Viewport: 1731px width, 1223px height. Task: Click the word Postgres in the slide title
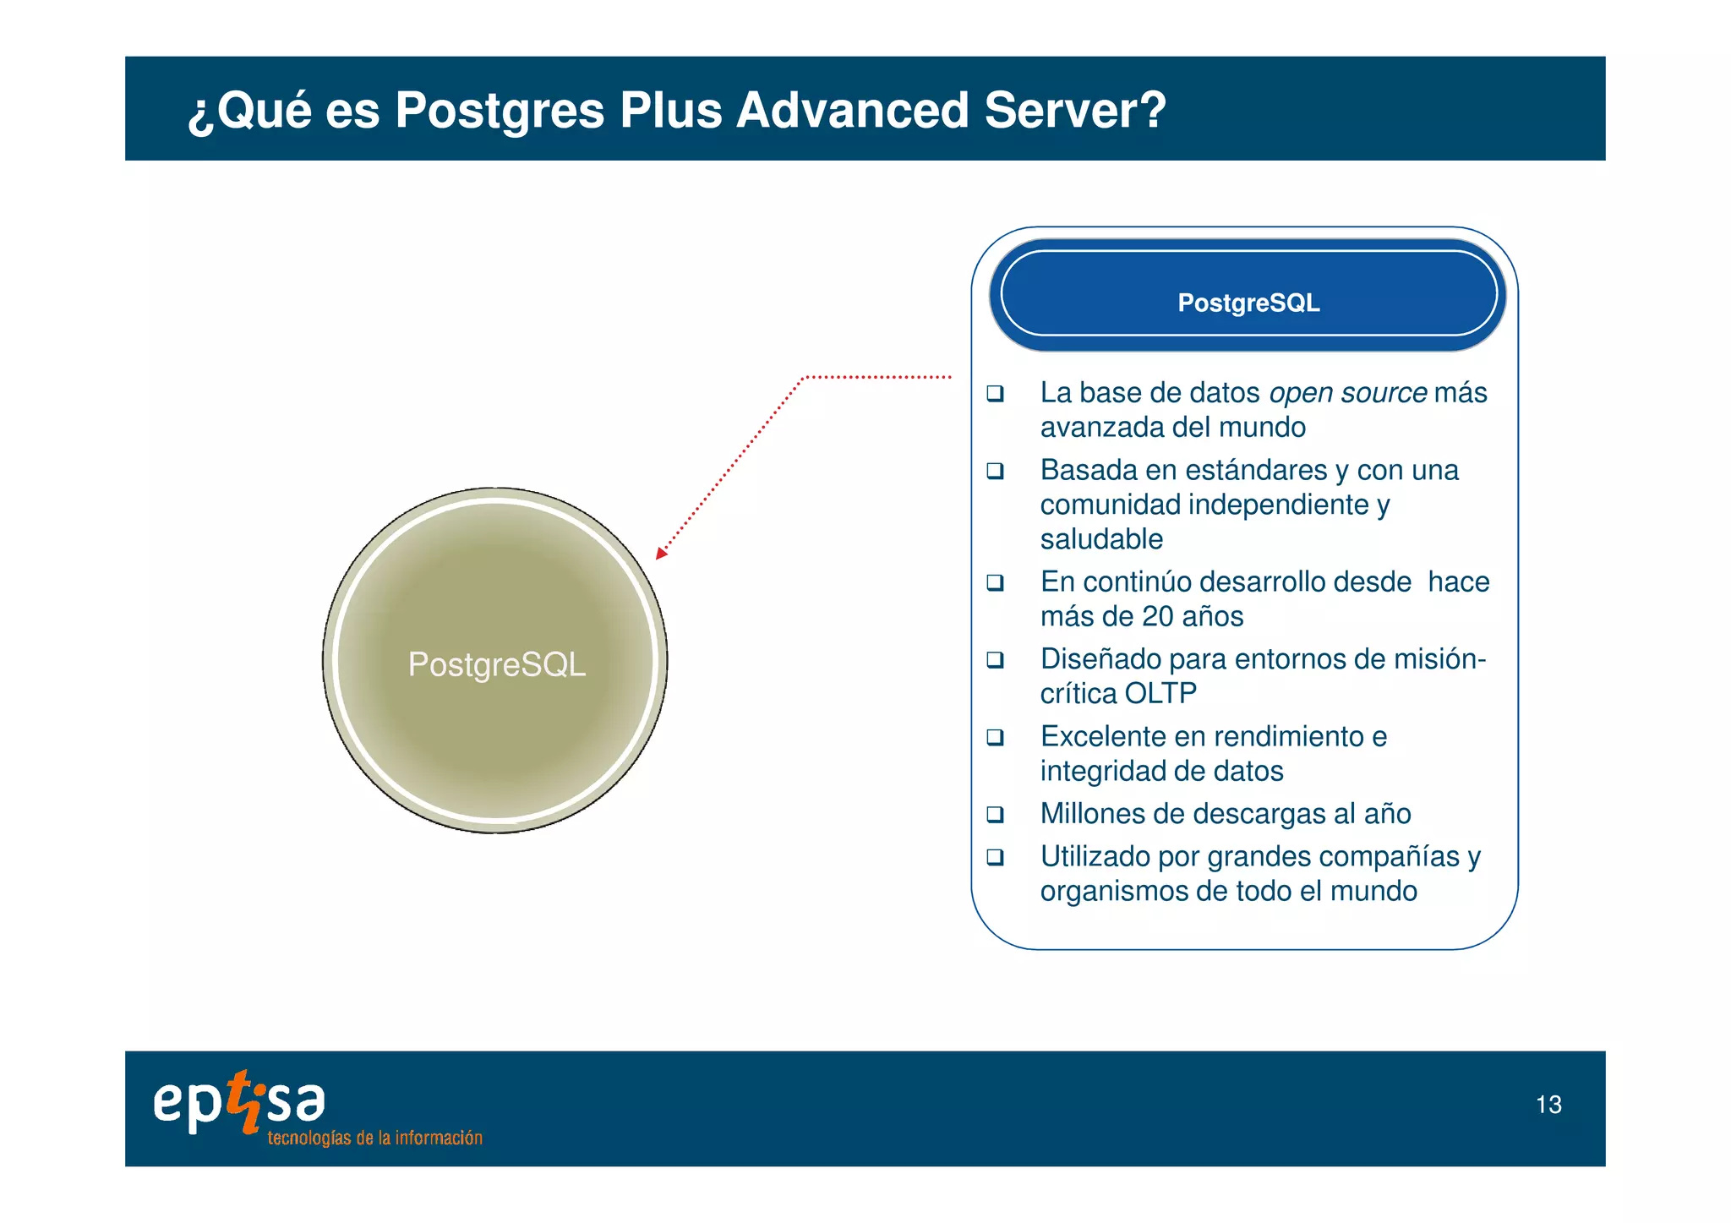(x=500, y=111)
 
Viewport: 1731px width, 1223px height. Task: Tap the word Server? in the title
(x=1075, y=111)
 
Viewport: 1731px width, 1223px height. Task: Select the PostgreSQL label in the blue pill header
(x=1248, y=303)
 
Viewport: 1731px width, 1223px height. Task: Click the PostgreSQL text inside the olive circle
(x=496, y=664)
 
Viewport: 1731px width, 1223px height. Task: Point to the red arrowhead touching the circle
(x=661, y=554)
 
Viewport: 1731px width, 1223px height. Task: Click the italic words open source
(x=1348, y=393)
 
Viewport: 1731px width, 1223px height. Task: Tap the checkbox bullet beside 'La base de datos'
(x=996, y=393)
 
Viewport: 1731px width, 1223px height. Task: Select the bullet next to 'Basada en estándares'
(x=996, y=471)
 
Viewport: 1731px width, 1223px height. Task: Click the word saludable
(x=1101, y=539)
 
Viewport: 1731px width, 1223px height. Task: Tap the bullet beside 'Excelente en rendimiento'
(x=996, y=737)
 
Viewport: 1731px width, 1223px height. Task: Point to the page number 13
(x=1548, y=1105)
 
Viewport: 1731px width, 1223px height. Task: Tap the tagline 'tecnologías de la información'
(x=374, y=1138)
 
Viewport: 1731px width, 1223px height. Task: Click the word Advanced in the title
(x=852, y=111)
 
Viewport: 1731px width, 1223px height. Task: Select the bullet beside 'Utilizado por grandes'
(x=996, y=857)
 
